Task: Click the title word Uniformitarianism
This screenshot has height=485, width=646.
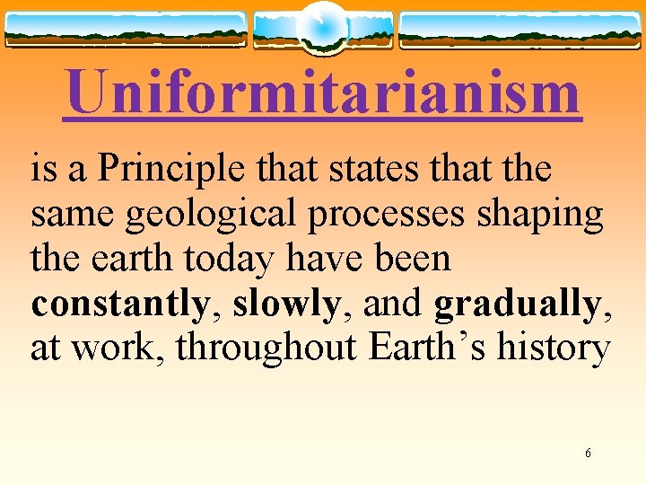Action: tap(323, 93)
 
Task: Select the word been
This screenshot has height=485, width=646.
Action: tap(413, 259)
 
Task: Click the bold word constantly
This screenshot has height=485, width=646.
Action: tap(119, 304)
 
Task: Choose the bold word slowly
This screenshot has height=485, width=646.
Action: tap(285, 304)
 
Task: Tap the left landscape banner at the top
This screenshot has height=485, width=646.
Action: tap(126, 30)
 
